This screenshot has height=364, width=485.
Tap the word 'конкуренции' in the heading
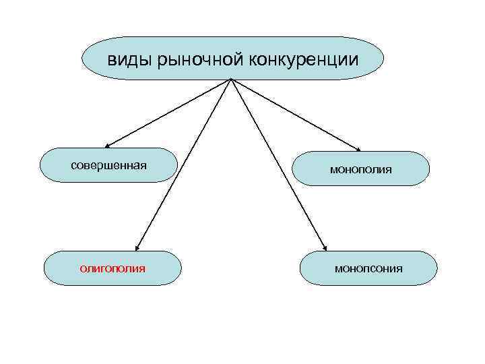(303, 60)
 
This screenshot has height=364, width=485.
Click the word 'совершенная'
(109, 165)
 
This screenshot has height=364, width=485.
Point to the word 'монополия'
(361, 170)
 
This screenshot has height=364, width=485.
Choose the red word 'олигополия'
(112, 268)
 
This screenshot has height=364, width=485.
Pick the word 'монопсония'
(369, 268)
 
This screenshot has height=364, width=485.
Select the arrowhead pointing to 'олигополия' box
(137, 247)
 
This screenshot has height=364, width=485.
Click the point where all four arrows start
(231, 80)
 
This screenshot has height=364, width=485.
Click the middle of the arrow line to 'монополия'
(296, 115)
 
